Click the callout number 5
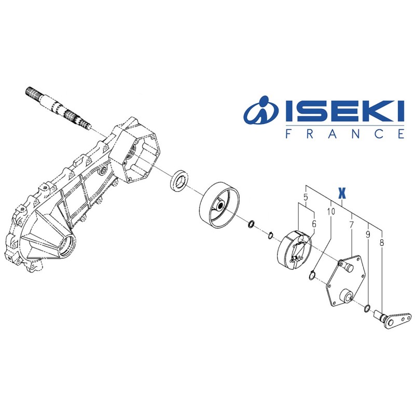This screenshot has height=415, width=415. [306, 198]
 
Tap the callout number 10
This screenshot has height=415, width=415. [331, 212]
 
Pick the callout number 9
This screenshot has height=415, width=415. [368, 234]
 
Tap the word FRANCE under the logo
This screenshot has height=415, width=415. [344, 133]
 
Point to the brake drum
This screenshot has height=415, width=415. [219, 204]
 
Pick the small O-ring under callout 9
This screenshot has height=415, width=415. [367, 309]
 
